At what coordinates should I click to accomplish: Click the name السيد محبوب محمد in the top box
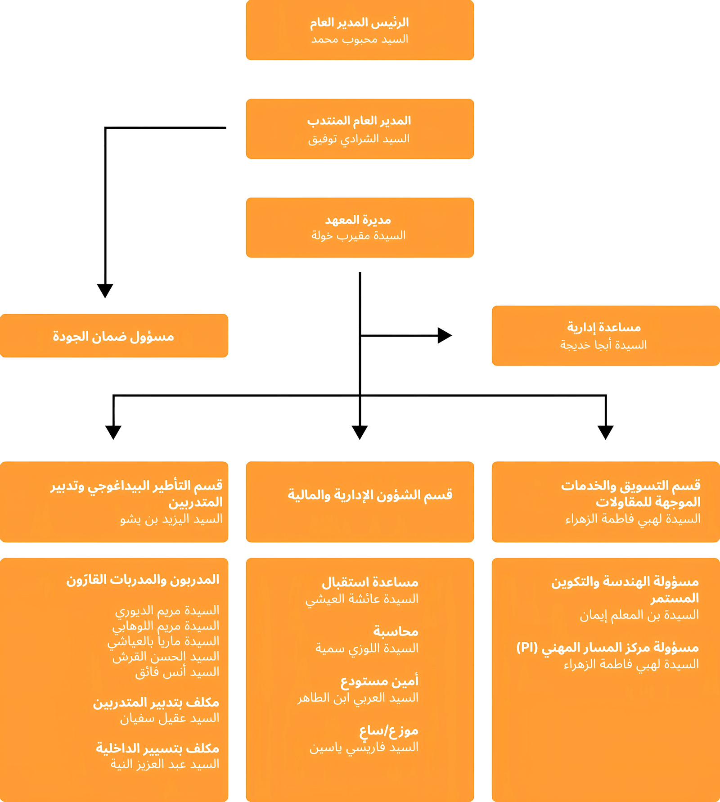pos(360,40)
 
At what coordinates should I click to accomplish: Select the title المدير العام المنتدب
pos(359,121)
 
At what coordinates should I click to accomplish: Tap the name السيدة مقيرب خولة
pos(358,235)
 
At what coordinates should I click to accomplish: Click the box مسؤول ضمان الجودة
pos(114,336)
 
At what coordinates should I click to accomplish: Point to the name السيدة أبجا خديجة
pos(603,345)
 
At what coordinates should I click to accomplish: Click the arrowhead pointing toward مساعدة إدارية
pos(445,335)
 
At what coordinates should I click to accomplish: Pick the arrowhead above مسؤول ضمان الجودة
pos(105,290)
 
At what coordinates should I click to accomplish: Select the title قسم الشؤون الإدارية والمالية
pos(370,495)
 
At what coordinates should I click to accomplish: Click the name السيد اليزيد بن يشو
pos(171,519)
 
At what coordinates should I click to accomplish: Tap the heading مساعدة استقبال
pos(370,582)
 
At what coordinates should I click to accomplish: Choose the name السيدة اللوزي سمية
pos(367,648)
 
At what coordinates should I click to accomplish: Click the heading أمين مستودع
pos(379,681)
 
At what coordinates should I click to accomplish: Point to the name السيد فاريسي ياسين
pos(364,747)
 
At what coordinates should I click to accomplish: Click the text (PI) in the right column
pos(527,647)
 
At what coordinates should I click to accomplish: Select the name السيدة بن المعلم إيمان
pos(639,615)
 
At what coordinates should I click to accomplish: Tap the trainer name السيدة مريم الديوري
pos(167,610)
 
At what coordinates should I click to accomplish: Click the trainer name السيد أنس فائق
pos(177,671)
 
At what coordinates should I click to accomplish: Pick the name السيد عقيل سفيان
pos(170,718)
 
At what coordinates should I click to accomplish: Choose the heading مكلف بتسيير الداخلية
pos(157,748)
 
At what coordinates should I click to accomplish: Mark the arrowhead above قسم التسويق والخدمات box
pos(606,432)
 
